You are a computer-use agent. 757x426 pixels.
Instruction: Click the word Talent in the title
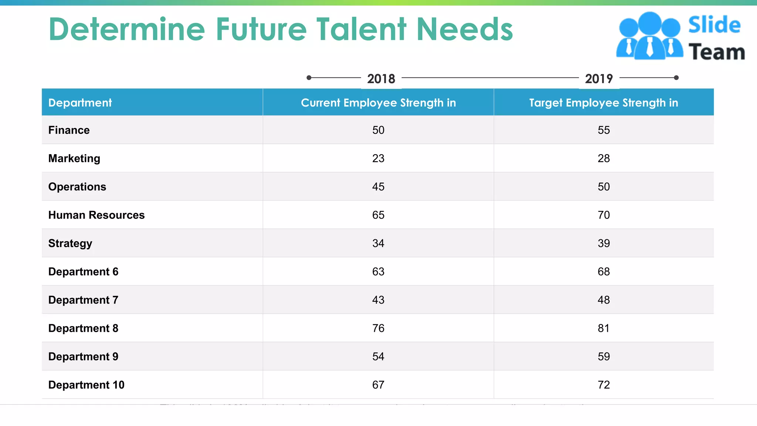coord(361,30)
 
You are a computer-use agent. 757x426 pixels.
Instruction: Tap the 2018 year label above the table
coord(381,79)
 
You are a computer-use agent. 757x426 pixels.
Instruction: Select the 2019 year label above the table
coord(599,79)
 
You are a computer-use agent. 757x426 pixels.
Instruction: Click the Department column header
coord(80,102)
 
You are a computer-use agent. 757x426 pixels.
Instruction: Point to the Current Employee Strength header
coord(378,102)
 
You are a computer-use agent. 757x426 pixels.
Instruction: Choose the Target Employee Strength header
coord(604,102)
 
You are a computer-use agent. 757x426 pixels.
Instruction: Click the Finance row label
coord(69,130)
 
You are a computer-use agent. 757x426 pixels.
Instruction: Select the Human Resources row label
coord(96,215)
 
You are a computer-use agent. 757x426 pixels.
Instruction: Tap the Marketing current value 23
coord(378,158)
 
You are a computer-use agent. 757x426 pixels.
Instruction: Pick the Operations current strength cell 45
coord(378,187)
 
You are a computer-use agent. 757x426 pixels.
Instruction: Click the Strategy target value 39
coord(604,243)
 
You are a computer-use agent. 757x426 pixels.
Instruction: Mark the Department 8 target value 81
coord(604,328)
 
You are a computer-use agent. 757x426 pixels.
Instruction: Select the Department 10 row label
coord(86,385)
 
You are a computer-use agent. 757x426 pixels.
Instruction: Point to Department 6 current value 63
coord(378,271)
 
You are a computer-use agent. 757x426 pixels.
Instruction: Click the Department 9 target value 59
coord(604,356)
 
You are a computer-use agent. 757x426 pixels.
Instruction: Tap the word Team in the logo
coord(716,52)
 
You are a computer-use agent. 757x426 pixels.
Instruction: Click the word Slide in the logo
coord(714,25)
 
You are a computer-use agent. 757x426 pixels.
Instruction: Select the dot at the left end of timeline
coord(309,78)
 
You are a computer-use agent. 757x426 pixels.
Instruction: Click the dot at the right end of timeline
coord(676,78)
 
